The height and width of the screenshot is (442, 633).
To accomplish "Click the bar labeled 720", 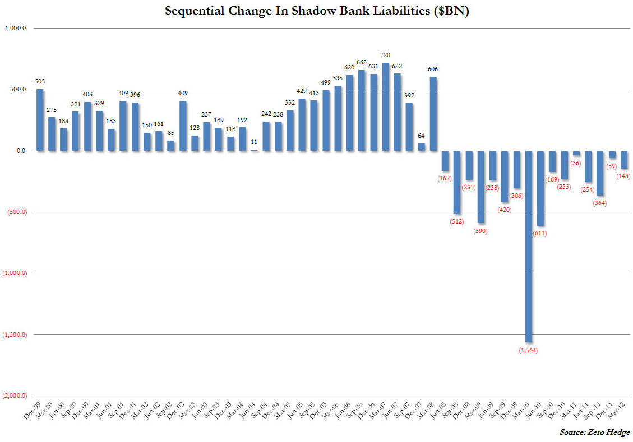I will [385, 106].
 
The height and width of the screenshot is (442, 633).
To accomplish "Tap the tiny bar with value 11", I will [254, 150].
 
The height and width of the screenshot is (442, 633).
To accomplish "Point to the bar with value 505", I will [39, 120].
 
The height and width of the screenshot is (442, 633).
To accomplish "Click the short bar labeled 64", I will [421, 147].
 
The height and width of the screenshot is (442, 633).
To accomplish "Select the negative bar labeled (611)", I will [540, 188].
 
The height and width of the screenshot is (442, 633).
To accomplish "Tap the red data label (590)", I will [481, 231].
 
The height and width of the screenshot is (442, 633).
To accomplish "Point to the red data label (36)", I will [576, 163].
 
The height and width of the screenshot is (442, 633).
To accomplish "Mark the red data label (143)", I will [623, 176].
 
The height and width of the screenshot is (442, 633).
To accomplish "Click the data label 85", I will [170, 133].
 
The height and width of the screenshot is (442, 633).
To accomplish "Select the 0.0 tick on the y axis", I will [25, 151].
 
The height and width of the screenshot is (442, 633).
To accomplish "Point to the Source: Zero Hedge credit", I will [594, 432].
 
